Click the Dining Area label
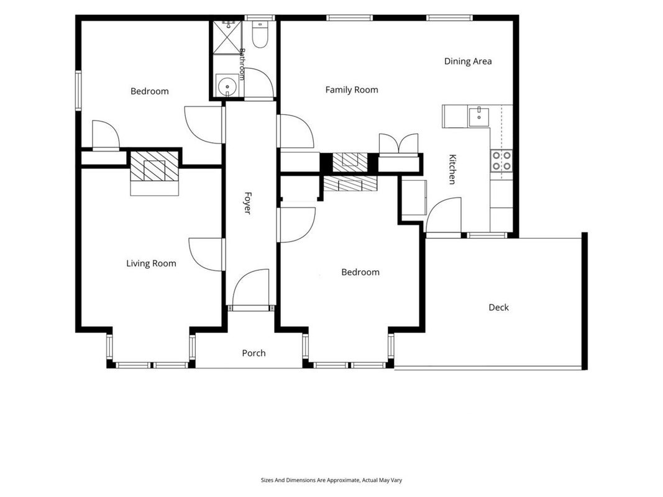(x=468, y=62)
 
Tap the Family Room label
(x=351, y=89)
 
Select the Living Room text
(x=151, y=263)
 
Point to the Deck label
(x=498, y=308)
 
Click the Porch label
(x=254, y=353)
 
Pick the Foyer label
(x=248, y=203)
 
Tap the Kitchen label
(x=452, y=170)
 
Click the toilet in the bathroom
(x=260, y=34)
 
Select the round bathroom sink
(x=227, y=86)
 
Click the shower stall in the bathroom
(x=227, y=37)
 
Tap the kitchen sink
(x=478, y=117)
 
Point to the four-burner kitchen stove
(x=501, y=161)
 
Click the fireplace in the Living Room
(x=154, y=173)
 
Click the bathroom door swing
(x=258, y=83)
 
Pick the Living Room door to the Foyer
(x=206, y=254)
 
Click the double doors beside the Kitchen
(x=399, y=144)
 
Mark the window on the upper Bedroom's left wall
(x=78, y=91)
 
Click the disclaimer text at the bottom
(x=332, y=480)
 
